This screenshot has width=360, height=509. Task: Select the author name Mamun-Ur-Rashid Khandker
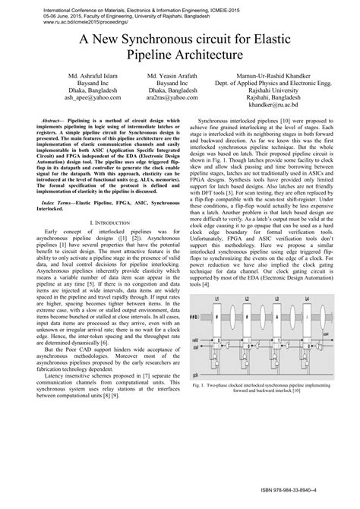pyautogui.click(x=279, y=77)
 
